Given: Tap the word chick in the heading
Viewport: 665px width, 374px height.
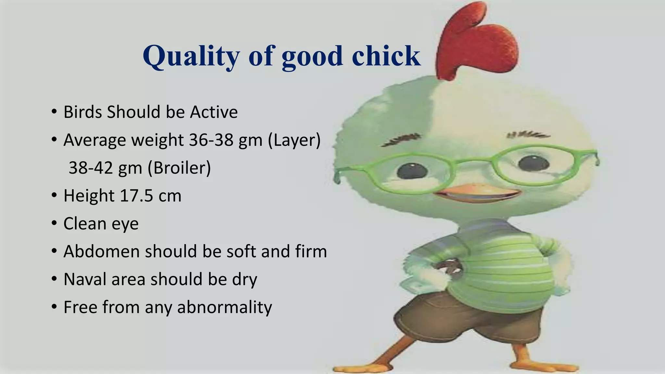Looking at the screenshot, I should point(386,56).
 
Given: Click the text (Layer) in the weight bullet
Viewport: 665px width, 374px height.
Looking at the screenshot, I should point(294,140).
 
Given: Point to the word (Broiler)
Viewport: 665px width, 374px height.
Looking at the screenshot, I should point(179,168).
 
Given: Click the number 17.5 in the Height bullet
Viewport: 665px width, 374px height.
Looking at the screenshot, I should point(136,196).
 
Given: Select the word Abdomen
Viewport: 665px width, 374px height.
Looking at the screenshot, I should point(102,252).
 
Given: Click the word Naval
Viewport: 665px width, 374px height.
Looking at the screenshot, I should point(85,280).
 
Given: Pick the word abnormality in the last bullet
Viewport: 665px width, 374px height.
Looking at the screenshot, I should point(224,307).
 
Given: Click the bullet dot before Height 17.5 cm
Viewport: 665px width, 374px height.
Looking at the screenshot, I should point(54,196).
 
